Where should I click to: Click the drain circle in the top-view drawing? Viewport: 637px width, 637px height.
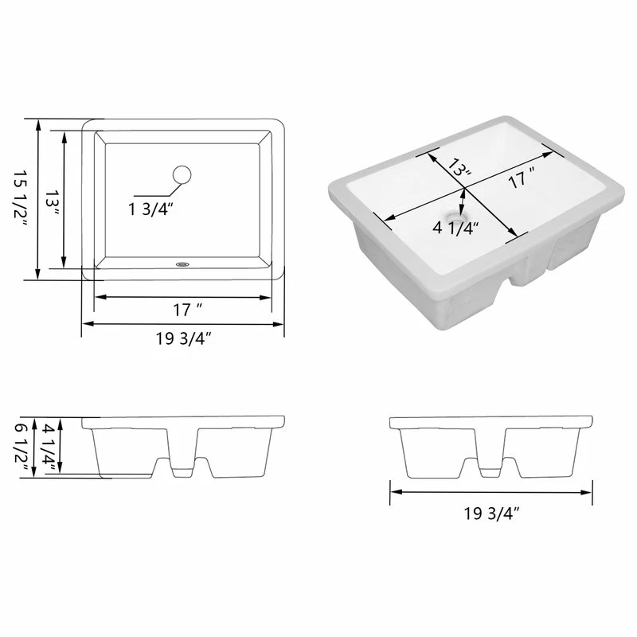[182, 174]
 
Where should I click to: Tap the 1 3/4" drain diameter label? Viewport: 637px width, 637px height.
[150, 209]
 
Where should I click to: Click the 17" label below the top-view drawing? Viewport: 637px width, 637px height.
[188, 310]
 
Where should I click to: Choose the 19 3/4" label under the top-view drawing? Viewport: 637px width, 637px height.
[184, 338]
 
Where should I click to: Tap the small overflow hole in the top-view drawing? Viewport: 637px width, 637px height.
[182, 264]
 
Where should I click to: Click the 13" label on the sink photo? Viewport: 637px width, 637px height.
[459, 167]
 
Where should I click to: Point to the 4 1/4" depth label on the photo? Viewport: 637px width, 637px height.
[455, 228]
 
